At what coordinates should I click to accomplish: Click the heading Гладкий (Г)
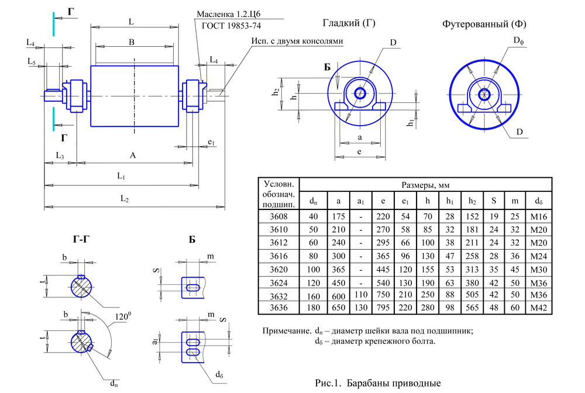click(x=349, y=24)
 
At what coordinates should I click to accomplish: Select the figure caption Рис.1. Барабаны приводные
click(x=377, y=384)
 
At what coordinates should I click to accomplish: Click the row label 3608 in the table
click(x=278, y=216)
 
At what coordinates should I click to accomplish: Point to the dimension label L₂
click(x=125, y=199)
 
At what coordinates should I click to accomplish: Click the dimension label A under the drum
click(x=133, y=155)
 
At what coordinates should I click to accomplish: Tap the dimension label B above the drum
click(x=132, y=42)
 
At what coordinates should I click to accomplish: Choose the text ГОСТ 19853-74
click(x=231, y=26)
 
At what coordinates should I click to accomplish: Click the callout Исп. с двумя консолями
click(x=297, y=42)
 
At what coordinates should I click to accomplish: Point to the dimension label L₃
click(x=59, y=155)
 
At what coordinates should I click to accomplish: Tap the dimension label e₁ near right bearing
click(x=211, y=143)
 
